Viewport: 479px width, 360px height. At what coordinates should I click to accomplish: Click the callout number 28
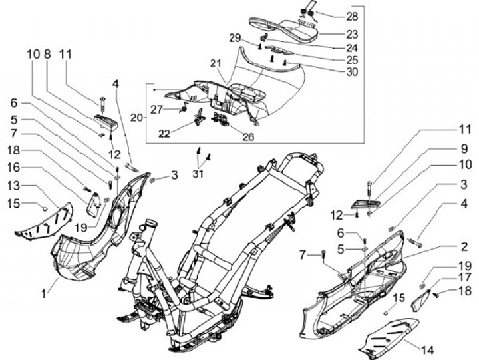pos(351,15)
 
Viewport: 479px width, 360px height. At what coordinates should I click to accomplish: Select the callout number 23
pos(351,33)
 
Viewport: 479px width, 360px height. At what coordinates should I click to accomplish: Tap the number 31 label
pos(198,174)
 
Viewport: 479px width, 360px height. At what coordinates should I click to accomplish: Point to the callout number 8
pos(47,54)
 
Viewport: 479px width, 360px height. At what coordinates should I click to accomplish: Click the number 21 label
pos(214,63)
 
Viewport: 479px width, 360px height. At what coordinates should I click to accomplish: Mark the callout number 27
pos(156,108)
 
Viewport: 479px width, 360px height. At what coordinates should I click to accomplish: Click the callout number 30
pos(351,71)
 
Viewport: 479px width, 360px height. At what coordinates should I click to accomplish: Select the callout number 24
pos(351,47)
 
